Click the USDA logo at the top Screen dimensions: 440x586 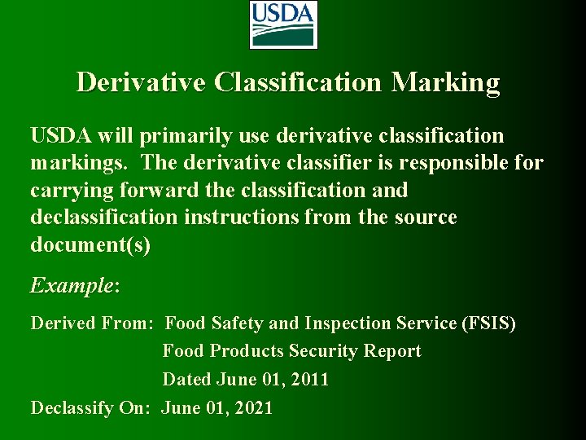[282, 24]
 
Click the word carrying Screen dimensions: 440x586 [72, 191]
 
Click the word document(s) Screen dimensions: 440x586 [90, 245]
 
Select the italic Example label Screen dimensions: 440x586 [73, 286]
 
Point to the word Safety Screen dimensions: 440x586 [237, 323]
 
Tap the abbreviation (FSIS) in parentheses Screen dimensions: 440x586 [488, 323]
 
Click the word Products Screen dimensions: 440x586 [247, 351]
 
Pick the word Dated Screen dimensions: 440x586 [187, 379]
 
